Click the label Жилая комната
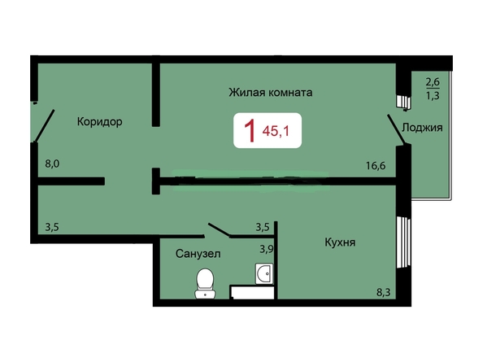[270, 93]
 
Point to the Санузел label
[198, 254]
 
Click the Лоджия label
[422, 128]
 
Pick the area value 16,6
[375, 166]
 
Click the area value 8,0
[53, 164]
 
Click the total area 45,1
[278, 130]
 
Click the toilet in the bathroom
[205, 284]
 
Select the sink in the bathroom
[263, 274]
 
